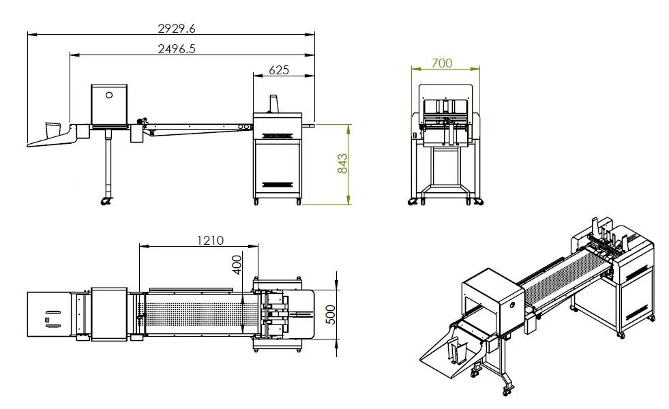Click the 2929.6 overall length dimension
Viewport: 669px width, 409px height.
pyautogui.click(x=176, y=28)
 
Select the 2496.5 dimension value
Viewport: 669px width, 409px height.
pyautogui.click(x=176, y=48)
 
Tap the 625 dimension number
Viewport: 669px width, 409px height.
pyautogui.click(x=279, y=70)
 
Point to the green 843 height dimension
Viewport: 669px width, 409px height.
pyautogui.click(x=342, y=164)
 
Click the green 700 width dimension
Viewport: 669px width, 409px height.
pyautogui.click(x=442, y=63)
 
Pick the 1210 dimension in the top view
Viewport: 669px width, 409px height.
pyautogui.click(x=210, y=241)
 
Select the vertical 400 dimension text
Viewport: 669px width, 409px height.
pyautogui.click(x=237, y=264)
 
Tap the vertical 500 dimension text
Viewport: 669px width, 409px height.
pyautogui.click(x=331, y=315)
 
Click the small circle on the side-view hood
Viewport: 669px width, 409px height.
pyautogui.click(x=109, y=95)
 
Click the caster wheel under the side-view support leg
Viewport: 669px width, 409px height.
pyautogui.click(x=106, y=201)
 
